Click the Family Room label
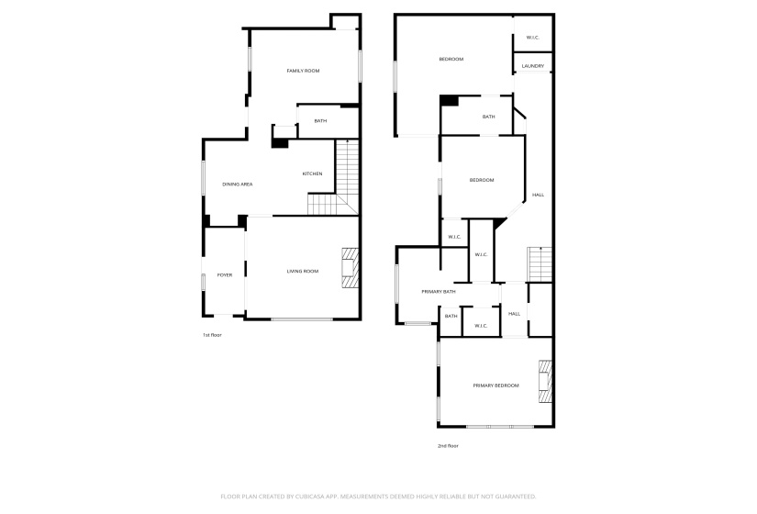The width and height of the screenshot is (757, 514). tap(303, 71)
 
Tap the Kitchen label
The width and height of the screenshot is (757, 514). tap(313, 173)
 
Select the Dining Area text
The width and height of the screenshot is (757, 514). tap(237, 184)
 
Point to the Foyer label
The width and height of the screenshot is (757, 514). tap(224, 274)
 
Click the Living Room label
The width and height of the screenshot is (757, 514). tap(303, 271)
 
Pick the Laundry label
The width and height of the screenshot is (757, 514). tap(533, 66)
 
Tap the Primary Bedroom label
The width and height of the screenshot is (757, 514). tap(496, 385)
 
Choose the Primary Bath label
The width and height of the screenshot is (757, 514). tap(439, 292)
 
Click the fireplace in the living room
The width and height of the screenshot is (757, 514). tap(350, 267)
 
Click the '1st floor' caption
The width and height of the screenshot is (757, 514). tap(212, 335)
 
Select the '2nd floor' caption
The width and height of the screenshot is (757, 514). tap(448, 446)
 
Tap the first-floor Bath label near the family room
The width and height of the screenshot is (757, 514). tap(320, 121)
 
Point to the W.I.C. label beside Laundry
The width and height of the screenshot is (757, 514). tap(533, 38)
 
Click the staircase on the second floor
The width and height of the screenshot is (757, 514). tap(540, 263)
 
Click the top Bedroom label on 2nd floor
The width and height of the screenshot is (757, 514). tap(451, 60)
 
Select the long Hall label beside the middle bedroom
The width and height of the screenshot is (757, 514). tap(539, 195)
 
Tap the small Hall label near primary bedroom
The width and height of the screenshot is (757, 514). tap(514, 314)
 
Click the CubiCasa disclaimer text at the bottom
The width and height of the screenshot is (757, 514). tap(378, 497)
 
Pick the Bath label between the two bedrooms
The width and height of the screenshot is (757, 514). tap(489, 117)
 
